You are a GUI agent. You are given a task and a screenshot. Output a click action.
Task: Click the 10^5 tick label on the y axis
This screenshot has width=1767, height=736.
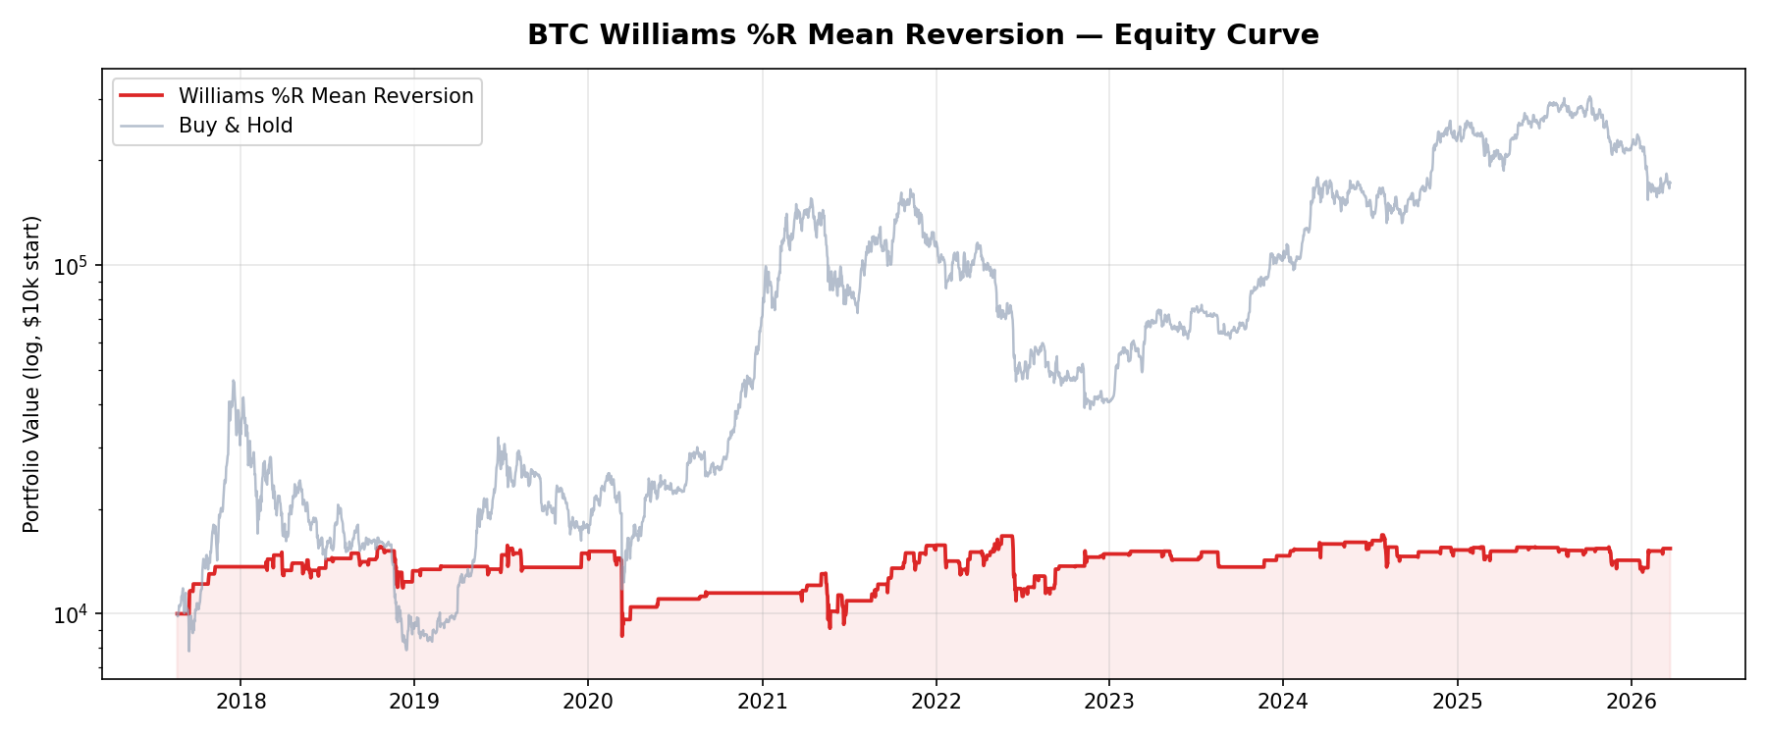(x=72, y=266)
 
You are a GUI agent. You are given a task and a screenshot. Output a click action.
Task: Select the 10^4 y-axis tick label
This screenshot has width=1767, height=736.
(x=72, y=614)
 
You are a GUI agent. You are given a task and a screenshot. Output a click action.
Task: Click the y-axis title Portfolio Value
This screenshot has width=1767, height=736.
(x=32, y=374)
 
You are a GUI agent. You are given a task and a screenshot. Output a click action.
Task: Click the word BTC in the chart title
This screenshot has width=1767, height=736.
(x=559, y=35)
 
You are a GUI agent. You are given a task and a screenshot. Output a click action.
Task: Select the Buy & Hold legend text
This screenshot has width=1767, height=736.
(x=236, y=126)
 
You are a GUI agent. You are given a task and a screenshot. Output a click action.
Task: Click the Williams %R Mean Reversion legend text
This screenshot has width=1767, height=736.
(x=326, y=96)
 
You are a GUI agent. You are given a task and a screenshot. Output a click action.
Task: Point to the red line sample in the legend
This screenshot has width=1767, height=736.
(x=141, y=96)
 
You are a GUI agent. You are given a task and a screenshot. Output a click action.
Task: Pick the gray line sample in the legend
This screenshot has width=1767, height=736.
(x=141, y=126)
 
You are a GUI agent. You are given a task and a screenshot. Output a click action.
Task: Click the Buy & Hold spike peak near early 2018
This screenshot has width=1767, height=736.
(x=233, y=381)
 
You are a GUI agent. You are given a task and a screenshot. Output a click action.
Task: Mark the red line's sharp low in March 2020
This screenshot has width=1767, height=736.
(x=621, y=636)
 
